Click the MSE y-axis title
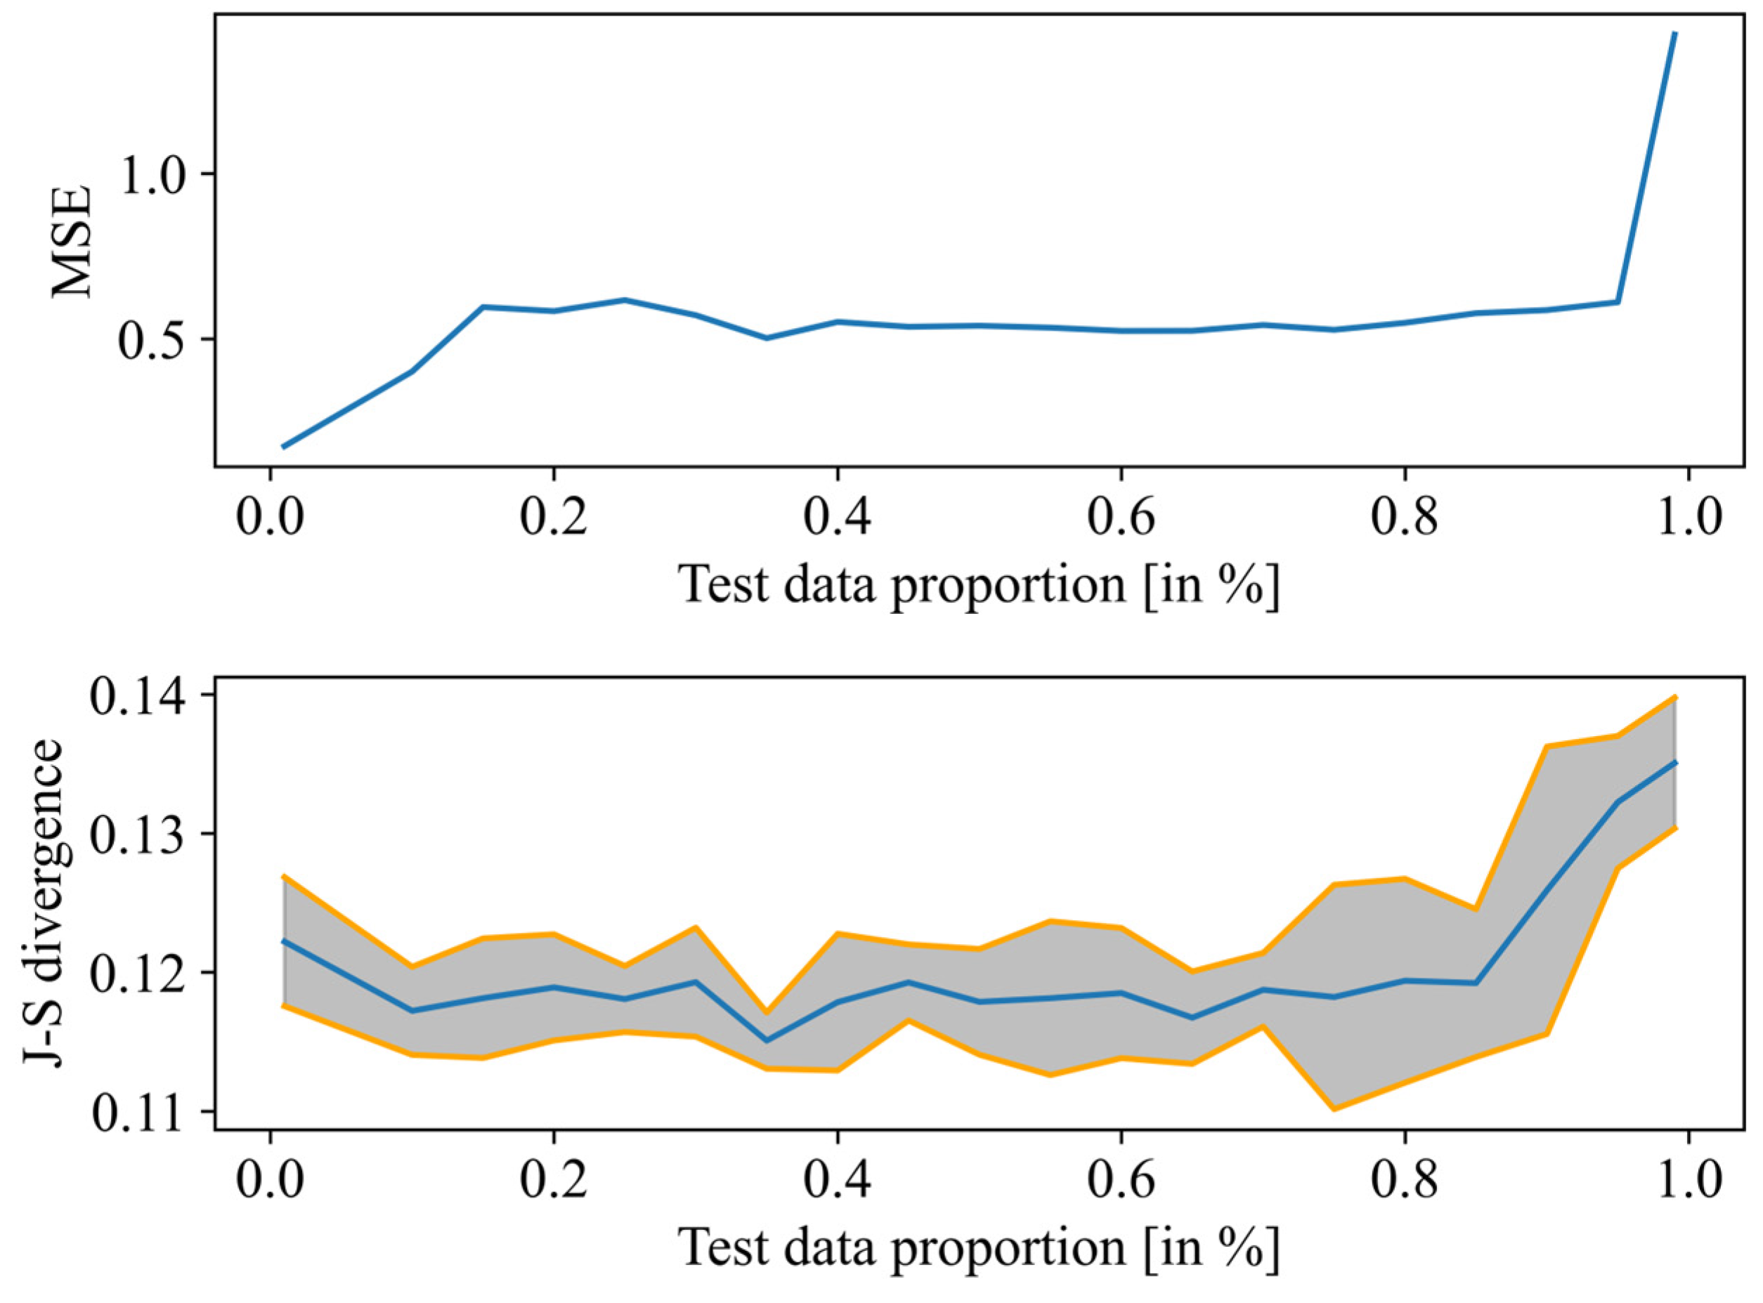(72, 242)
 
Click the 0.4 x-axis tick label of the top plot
(837, 518)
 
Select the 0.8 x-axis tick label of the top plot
(1404, 518)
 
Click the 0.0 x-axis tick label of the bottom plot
(271, 1182)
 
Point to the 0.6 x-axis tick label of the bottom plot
(1120, 1182)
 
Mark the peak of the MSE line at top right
(1674, 33)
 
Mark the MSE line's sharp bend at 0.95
(1618, 302)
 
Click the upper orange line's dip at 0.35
(766, 1012)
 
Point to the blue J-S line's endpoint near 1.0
(1674, 763)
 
